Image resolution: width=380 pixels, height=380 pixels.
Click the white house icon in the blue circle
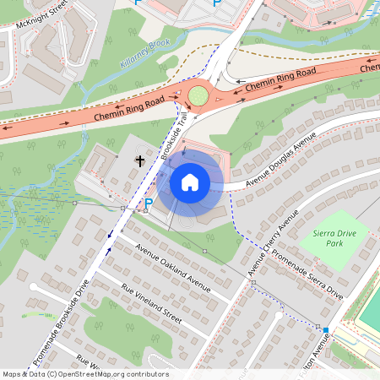189,182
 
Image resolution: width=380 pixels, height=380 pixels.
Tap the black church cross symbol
140,159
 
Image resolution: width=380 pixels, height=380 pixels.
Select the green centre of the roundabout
198,95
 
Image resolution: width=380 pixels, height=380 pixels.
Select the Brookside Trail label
171,133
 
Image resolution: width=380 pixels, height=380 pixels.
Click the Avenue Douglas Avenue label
280,159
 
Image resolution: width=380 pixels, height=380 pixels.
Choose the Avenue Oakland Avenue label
173,270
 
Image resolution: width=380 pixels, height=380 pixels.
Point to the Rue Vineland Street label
152,304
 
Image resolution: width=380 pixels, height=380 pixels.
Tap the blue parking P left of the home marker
149,204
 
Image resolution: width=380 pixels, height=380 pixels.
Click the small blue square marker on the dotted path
325,329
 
